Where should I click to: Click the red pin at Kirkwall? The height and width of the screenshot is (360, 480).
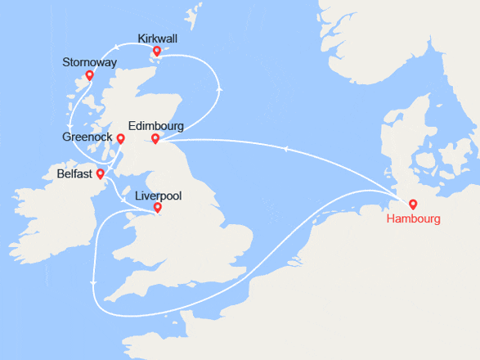click(x=157, y=51)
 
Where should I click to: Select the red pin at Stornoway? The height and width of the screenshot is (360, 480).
click(x=89, y=76)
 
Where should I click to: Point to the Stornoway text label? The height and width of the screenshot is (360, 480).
click(x=89, y=63)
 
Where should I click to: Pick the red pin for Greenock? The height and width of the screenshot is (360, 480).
click(x=120, y=138)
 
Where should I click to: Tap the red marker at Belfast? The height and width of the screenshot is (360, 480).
click(x=100, y=173)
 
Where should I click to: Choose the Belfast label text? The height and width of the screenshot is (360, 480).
click(x=75, y=174)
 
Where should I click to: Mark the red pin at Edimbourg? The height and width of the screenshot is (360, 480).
click(x=155, y=138)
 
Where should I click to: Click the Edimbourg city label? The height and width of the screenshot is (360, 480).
click(x=155, y=126)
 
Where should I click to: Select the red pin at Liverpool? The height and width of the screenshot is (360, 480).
click(x=157, y=208)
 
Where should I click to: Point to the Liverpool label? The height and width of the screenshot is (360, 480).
click(x=157, y=196)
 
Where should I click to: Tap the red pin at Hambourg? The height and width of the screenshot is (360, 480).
click(x=413, y=205)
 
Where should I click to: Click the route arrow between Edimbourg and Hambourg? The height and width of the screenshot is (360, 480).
click(x=286, y=148)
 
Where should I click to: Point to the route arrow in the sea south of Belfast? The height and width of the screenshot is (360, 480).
click(x=95, y=282)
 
